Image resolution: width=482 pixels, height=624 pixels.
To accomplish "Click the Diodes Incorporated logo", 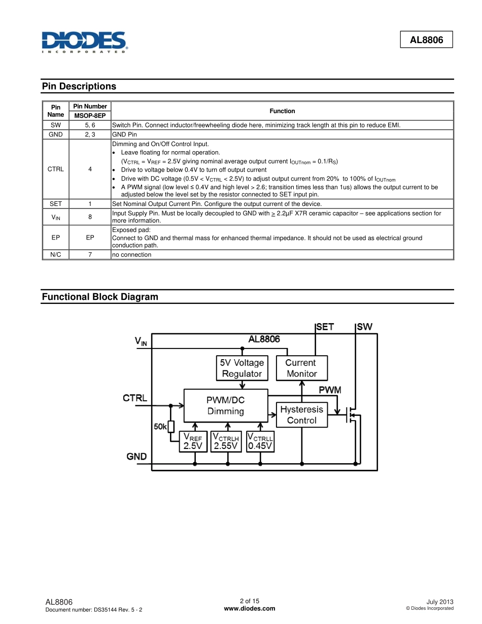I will (84, 42).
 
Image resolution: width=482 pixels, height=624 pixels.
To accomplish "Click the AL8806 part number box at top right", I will (426, 40).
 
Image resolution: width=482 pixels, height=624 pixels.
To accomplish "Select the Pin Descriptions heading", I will (79, 86).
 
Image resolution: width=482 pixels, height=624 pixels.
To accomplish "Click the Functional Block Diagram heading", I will (100, 297).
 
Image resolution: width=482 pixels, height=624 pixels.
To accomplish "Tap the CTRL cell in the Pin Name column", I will (56, 169).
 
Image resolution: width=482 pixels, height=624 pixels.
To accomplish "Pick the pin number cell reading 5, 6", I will (90, 125).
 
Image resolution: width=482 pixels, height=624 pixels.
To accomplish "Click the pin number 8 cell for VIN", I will (90, 217).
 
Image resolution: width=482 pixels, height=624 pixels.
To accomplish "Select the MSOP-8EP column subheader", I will (90, 116).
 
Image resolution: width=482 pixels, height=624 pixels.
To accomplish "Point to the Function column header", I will (282, 111).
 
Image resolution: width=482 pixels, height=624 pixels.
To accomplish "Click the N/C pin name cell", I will (56, 255).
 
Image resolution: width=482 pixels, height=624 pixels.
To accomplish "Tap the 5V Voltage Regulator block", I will (242, 368).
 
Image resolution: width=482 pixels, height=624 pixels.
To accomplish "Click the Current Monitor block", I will (301, 368).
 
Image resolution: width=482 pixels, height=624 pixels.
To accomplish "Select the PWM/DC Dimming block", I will (226, 406).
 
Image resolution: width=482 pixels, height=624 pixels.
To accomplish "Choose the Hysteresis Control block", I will (301, 414).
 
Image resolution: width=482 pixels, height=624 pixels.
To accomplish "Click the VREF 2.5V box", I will (193, 442).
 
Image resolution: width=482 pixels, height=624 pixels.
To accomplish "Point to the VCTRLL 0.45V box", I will (260, 442).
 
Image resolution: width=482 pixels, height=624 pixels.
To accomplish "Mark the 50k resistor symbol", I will (171, 427).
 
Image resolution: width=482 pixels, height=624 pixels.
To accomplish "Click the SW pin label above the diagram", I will (364, 327).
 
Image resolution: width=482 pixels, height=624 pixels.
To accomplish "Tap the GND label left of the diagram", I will (136, 457).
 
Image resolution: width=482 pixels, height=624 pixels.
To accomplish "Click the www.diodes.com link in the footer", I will (250, 609).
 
